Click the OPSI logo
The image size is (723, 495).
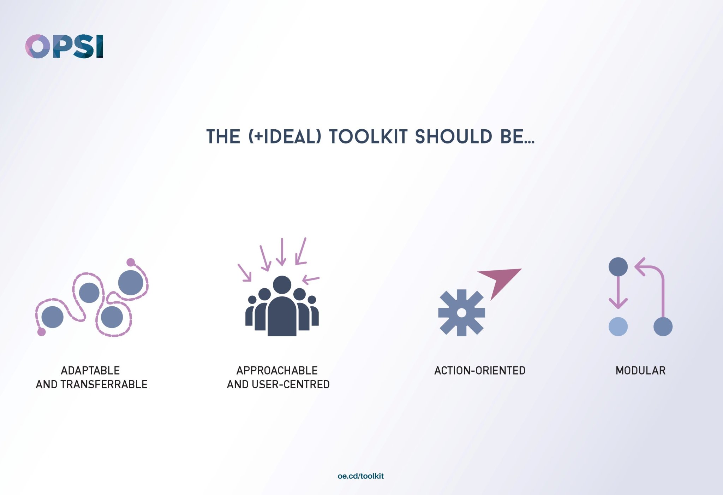64,46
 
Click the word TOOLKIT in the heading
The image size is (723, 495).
368,137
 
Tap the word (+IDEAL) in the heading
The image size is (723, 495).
285,137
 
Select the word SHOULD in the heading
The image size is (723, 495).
453,137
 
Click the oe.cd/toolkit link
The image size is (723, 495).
360,476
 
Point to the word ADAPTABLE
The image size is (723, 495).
90,370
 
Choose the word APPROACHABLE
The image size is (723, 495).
277,370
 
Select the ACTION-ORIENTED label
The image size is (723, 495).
480,370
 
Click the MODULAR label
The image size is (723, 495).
640,370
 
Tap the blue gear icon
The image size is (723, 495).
461,313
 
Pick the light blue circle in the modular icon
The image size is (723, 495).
618,326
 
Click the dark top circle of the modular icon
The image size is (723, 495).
618,267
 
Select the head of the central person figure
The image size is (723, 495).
282,285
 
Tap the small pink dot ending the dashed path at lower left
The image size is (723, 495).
42,332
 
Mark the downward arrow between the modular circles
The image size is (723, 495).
618,293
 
